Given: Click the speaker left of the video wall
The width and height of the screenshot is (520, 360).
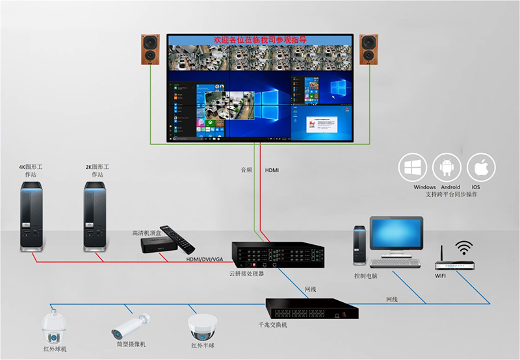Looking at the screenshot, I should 151,49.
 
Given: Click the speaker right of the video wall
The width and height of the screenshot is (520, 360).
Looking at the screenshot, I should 370,49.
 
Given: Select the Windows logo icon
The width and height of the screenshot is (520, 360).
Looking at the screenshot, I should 413,168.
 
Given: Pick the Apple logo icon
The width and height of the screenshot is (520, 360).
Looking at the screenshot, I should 480,168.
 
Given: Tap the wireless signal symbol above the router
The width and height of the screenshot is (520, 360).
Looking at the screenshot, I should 464,248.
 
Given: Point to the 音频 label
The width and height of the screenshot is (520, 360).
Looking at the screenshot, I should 246,170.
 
